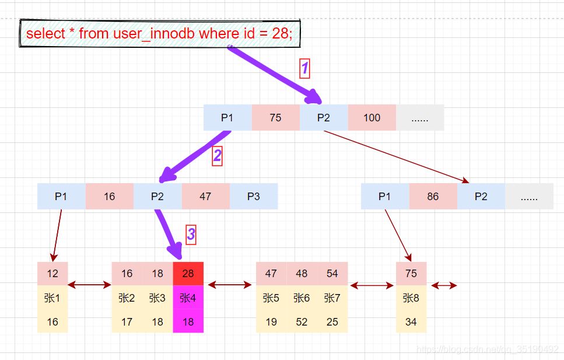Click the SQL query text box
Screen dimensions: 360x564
(160, 34)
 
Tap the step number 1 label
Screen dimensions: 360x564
(304, 69)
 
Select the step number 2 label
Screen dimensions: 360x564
(217, 156)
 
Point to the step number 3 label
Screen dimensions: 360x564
(191, 235)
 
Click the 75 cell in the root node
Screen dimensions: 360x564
(275, 117)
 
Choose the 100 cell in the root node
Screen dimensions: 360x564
(372, 117)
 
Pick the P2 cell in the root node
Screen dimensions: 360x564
(324, 117)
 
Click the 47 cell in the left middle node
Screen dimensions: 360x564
(205, 196)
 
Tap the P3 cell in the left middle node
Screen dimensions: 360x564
(253, 196)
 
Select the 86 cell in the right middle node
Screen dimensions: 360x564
(433, 196)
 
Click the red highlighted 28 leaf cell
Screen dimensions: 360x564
(188, 274)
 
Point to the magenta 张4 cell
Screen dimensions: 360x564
(188, 298)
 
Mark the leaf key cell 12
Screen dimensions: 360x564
(52, 274)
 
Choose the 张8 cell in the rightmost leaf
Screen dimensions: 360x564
(411, 298)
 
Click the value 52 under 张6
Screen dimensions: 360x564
(302, 321)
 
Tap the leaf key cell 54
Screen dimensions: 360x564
(332, 274)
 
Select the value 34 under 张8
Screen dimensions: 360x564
(411, 321)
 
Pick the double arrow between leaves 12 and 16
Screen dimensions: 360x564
(89, 285)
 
